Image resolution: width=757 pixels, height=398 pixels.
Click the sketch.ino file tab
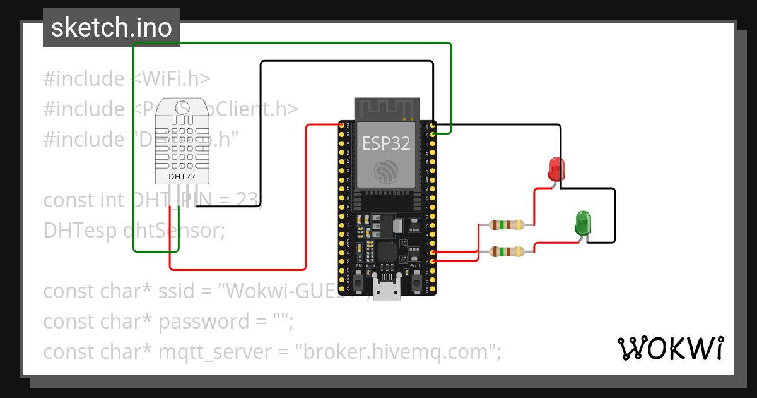[112, 28]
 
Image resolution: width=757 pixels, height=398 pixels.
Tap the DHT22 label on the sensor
[181, 176]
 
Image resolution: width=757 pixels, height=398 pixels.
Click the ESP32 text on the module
[386, 143]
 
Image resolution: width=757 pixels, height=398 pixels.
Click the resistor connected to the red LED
[506, 224]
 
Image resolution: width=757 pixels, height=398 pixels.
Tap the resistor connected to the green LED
[506, 252]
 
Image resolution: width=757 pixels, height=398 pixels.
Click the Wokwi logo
[670, 348]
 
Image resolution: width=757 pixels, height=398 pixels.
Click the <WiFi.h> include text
[170, 79]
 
